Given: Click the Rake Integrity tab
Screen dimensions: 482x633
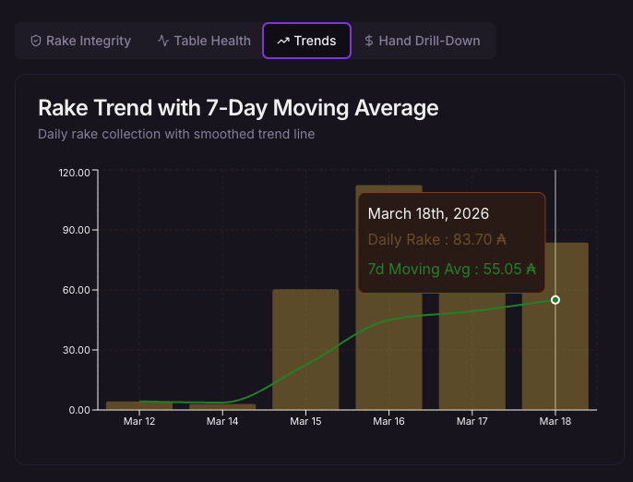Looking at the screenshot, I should [80, 41].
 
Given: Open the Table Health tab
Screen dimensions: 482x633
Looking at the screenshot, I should [204, 41].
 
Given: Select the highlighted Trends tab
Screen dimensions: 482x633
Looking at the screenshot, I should [306, 41].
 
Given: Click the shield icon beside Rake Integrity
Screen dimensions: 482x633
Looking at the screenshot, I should [36, 41].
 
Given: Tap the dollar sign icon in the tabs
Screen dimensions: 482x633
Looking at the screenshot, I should [369, 41].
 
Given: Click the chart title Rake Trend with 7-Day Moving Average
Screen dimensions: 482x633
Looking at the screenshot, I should [238, 108].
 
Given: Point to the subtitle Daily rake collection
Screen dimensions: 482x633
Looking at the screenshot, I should [176, 134].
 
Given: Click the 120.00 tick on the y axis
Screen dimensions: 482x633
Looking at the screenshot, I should [74, 172].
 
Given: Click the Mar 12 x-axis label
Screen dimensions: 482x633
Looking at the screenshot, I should [139, 421].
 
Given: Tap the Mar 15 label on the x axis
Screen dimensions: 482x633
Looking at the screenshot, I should [305, 421].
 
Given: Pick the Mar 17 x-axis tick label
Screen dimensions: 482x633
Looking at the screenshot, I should [472, 421].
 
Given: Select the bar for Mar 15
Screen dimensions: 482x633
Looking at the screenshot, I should [305, 351].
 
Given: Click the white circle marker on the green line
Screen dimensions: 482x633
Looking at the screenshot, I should [555, 300].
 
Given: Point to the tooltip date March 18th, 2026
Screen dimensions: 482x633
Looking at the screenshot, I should [428, 213].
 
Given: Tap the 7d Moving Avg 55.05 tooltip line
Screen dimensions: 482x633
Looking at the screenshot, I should [451, 270].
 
